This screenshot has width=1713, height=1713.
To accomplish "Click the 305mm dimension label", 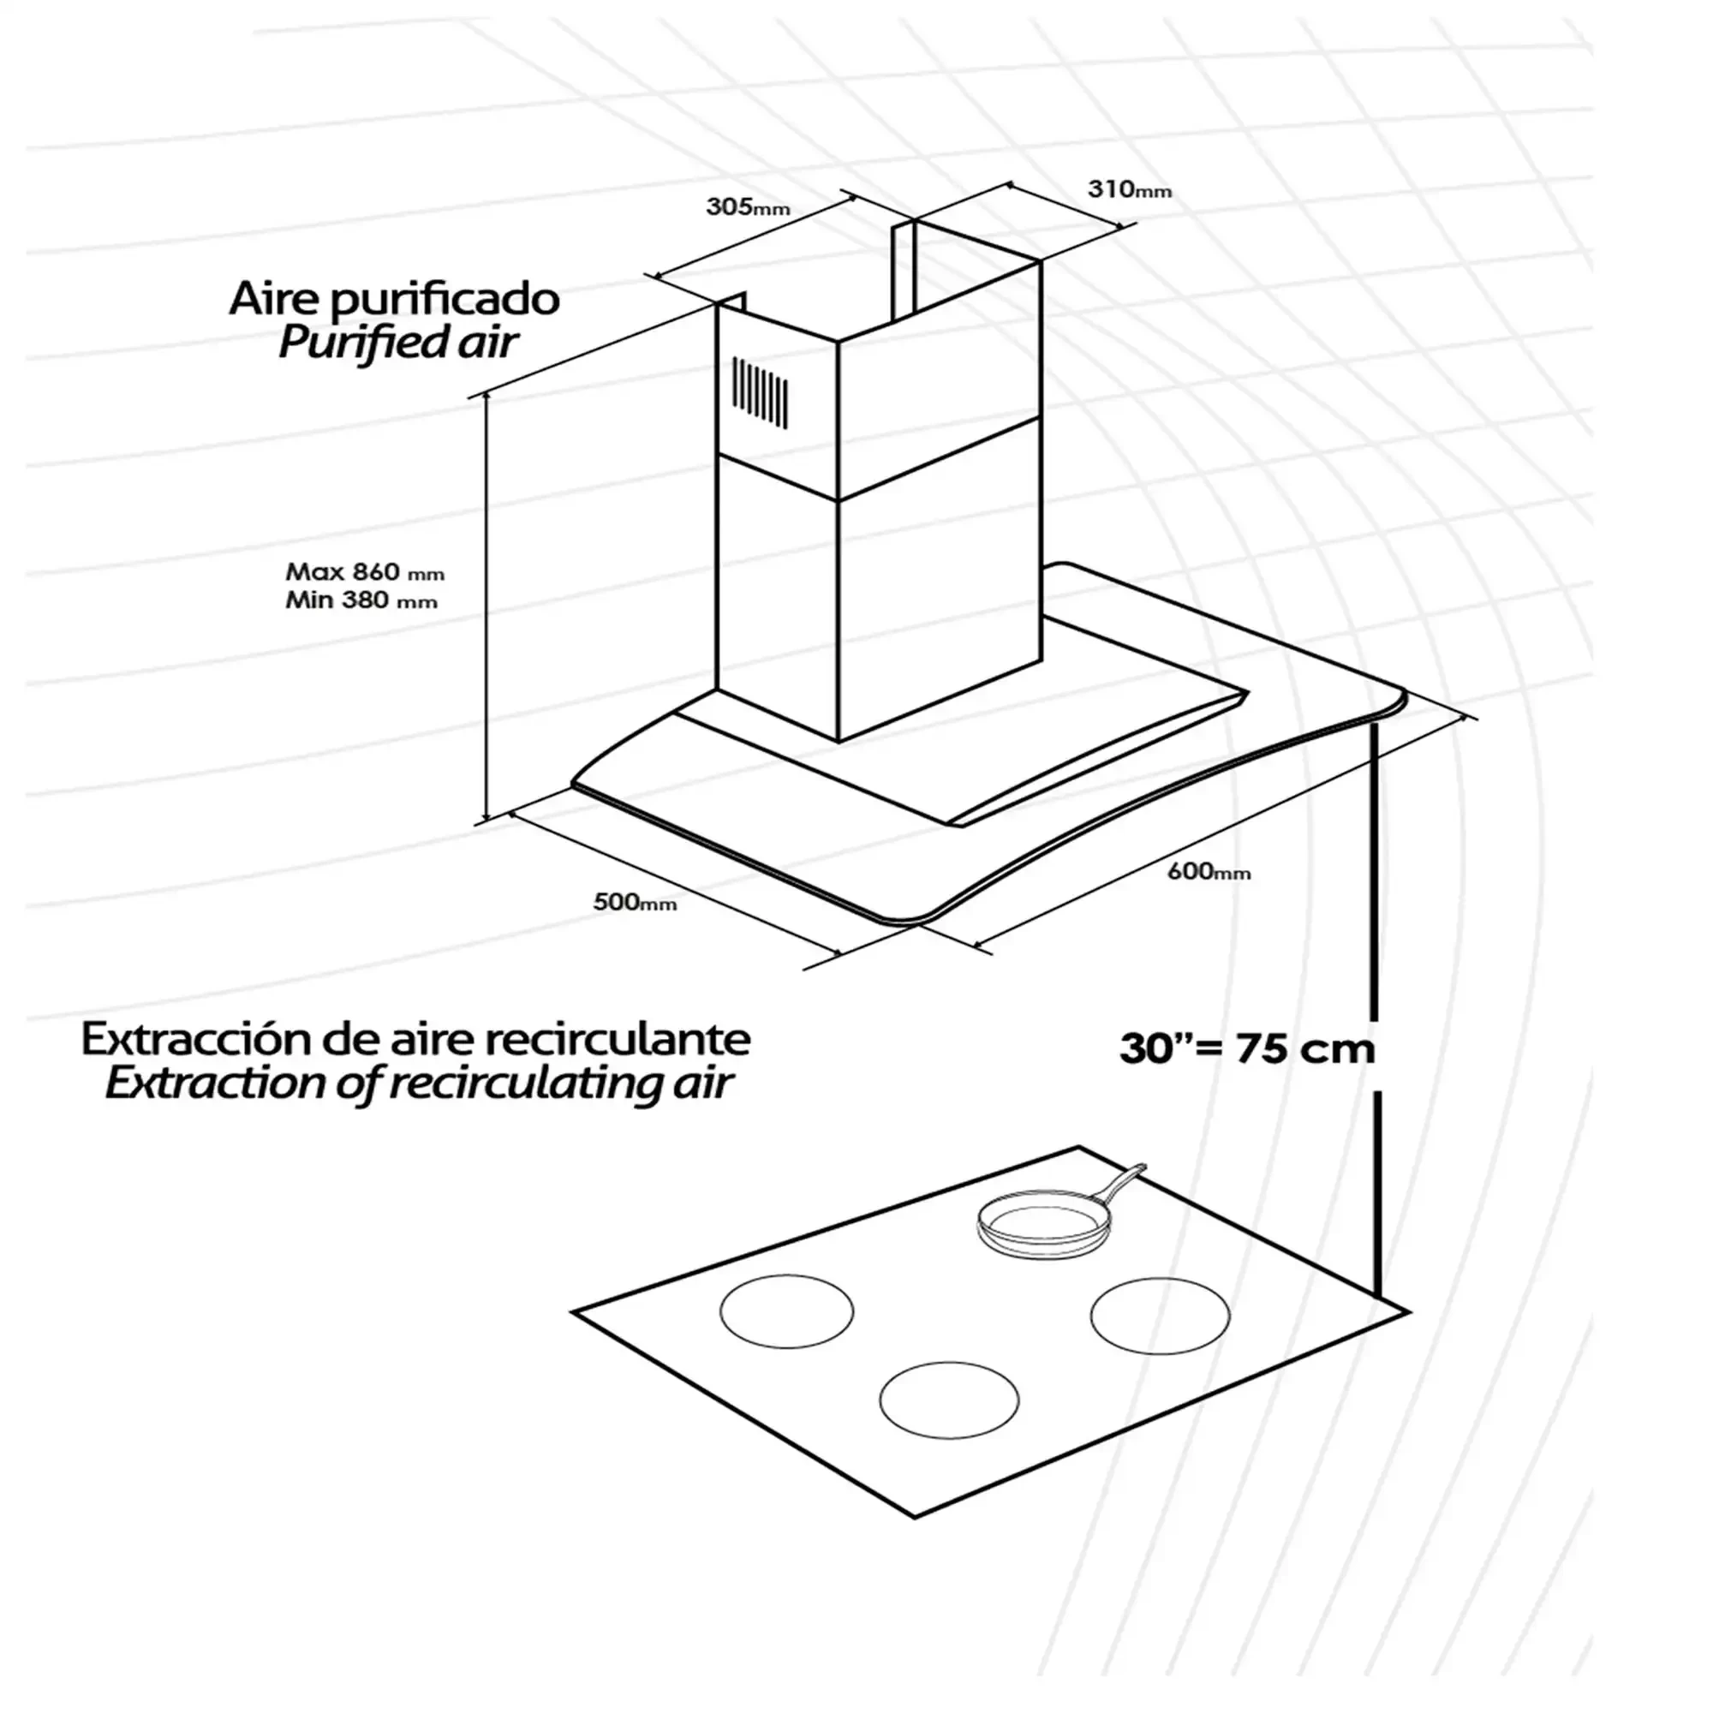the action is [748, 207].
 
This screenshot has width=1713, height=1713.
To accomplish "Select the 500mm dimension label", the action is [635, 902].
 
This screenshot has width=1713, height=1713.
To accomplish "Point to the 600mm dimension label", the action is [1209, 871].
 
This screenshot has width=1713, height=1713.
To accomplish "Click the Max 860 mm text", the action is [364, 571].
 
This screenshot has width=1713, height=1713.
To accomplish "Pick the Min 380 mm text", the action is [361, 600].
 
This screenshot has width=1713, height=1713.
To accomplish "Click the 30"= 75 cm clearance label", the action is [1246, 1049].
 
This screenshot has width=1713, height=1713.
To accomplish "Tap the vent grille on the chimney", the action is [759, 392].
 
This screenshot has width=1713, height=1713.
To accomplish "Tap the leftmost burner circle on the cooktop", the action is [786, 1311].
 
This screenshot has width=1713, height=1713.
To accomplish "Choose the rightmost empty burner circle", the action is [1160, 1316].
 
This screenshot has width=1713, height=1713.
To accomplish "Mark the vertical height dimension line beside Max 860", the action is [486, 609].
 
